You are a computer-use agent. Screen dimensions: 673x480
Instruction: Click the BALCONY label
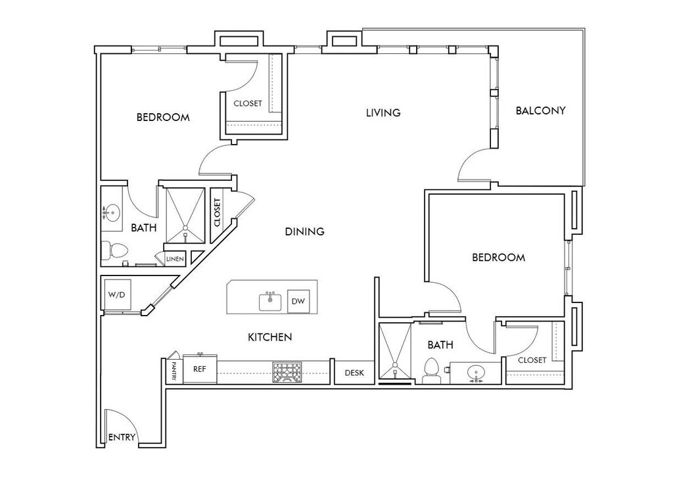coord(540,110)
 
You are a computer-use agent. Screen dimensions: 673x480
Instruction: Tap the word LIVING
coord(383,113)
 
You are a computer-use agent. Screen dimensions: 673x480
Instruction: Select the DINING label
coord(305,231)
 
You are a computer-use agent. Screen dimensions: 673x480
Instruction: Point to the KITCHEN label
coord(269,337)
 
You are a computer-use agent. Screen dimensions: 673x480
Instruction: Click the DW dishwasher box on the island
coord(298,301)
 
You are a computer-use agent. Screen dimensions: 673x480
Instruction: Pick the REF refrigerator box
coord(200,370)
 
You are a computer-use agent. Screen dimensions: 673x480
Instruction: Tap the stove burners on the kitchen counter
coord(287,372)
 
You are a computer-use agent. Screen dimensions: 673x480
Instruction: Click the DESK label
coord(354,373)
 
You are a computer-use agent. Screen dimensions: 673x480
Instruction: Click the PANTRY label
coord(174,371)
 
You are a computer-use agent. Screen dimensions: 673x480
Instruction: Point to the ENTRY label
coord(122,437)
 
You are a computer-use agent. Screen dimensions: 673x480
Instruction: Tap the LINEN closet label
coord(175,259)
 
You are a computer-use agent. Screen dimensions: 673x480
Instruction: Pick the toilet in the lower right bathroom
coord(432,371)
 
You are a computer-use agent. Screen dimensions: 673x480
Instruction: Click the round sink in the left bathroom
coord(113,212)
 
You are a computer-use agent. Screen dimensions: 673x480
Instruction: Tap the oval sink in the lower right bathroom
coord(477,373)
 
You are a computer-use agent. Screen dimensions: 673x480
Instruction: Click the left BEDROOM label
coord(163,118)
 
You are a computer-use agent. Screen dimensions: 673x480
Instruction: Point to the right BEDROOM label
coord(499,258)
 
